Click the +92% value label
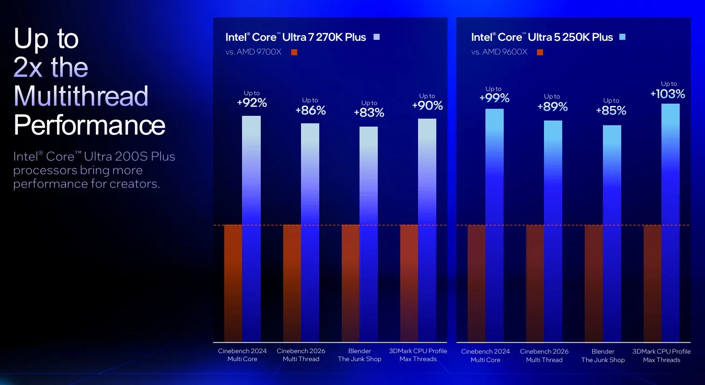[252, 103]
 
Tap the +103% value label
[668, 94]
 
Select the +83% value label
[369, 113]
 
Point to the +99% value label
[494, 98]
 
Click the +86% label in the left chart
[310, 110]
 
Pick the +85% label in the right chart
[611, 111]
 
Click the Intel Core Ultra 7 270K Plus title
[295, 37]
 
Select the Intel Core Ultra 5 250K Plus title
[542, 37]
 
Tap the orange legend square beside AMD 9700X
[294, 53]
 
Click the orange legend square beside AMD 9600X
[540, 53]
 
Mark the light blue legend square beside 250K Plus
[622, 37]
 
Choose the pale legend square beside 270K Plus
[376, 37]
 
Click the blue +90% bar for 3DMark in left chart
[427, 230]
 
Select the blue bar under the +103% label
[670, 223]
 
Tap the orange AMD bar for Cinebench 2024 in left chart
[233, 283]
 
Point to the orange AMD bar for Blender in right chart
[594, 283]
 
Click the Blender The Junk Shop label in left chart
[360, 355]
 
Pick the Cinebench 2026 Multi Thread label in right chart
[544, 355]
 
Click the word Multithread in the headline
[81, 96]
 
